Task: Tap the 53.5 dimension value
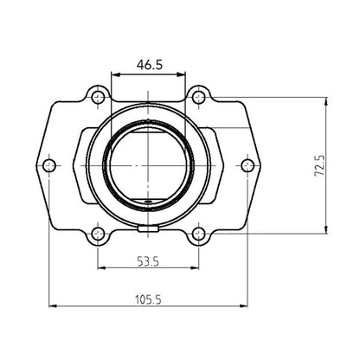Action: click(x=149, y=259)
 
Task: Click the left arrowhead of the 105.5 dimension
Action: click(x=52, y=305)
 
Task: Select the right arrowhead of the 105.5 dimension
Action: click(x=247, y=305)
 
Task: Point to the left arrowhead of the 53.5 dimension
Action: click(x=101, y=268)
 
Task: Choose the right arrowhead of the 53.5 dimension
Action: click(x=197, y=268)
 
